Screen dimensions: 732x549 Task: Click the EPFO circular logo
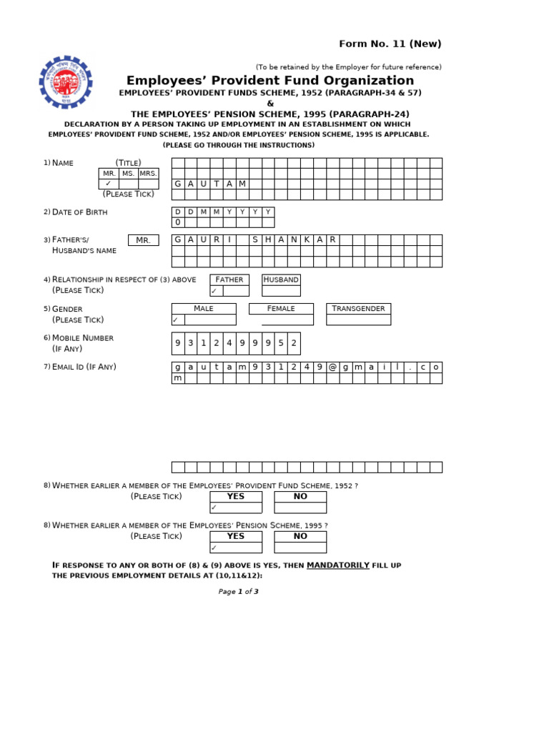pyautogui.click(x=66, y=82)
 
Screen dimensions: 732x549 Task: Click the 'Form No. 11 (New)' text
pyautogui.click(x=390, y=44)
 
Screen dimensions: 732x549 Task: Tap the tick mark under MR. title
pyautogui.click(x=108, y=184)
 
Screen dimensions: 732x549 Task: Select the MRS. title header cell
pyautogui.click(x=148, y=174)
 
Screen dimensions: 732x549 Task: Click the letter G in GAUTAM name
pyautogui.click(x=178, y=184)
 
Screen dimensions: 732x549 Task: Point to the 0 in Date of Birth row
pyautogui.click(x=178, y=222)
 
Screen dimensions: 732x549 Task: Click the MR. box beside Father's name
pyautogui.click(x=143, y=240)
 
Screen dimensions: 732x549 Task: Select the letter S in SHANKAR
pyautogui.click(x=255, y=239)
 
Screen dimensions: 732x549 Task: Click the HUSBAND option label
pyautogui.click(x=280, y=280)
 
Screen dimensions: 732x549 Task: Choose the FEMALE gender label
pyautogui.click(x=281, y=309)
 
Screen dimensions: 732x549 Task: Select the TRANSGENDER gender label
pyautogui.click(x=358, y=309)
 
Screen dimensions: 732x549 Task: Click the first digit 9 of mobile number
pyautogui.click(x=178, y=343)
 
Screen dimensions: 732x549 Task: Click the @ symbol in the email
pyautogui.click(x=332, y=367)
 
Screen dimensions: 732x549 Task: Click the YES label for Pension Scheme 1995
pyautogui.click(x=235, y=536)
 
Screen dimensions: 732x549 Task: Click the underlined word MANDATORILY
pyautogui.click(x=337, y=565)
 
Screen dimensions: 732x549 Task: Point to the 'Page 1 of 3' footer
pyautogui.click(x=238, y=591)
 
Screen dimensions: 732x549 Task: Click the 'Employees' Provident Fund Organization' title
pyautogui.click(x=270, y=81)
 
